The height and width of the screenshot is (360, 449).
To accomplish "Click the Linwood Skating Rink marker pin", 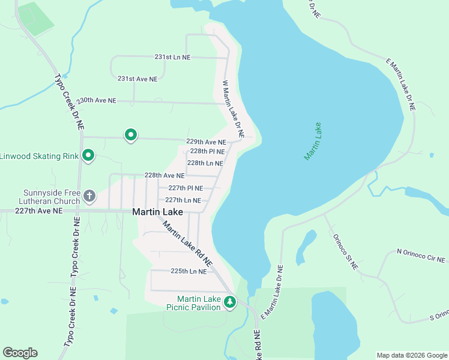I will coord(88,156).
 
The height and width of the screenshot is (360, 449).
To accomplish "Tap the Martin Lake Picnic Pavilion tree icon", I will coord(229,302).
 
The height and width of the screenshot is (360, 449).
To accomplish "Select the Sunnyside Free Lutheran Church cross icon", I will coord(89,196).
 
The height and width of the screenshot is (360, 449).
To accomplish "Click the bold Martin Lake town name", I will coord(157,212).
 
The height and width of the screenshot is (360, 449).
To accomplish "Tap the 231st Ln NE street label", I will coord(172,57).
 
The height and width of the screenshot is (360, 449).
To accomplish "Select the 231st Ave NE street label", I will coord(137,79).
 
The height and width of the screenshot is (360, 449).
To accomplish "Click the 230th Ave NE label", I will coord(97,100).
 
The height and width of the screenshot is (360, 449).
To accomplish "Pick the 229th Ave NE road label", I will coord(206,142).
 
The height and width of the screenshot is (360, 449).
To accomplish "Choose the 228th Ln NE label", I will coord(205,163).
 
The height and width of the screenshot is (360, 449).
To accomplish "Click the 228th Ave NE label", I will coord(164,176).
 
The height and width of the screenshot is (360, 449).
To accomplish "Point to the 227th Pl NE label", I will coord(185,188).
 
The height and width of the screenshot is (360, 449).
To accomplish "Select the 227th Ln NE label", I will coord(187,200).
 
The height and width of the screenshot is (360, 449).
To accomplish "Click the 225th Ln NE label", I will coord(188,271).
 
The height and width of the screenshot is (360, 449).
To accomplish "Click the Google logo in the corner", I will coord(20,353).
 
